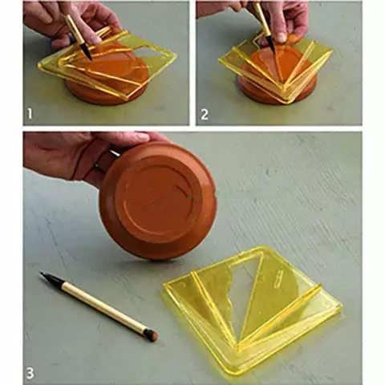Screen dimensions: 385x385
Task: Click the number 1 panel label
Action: click(30, 115)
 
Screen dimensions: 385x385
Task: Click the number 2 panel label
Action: click(205, 115)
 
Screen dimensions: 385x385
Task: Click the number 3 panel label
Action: click(30, 373)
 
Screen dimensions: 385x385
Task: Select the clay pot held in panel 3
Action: click(158, 201)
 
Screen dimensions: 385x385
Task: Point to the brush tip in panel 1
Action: click(87, 53)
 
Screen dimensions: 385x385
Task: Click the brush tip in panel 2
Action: click(272, 46)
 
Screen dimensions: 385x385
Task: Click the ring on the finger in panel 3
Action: click(99, 166)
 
